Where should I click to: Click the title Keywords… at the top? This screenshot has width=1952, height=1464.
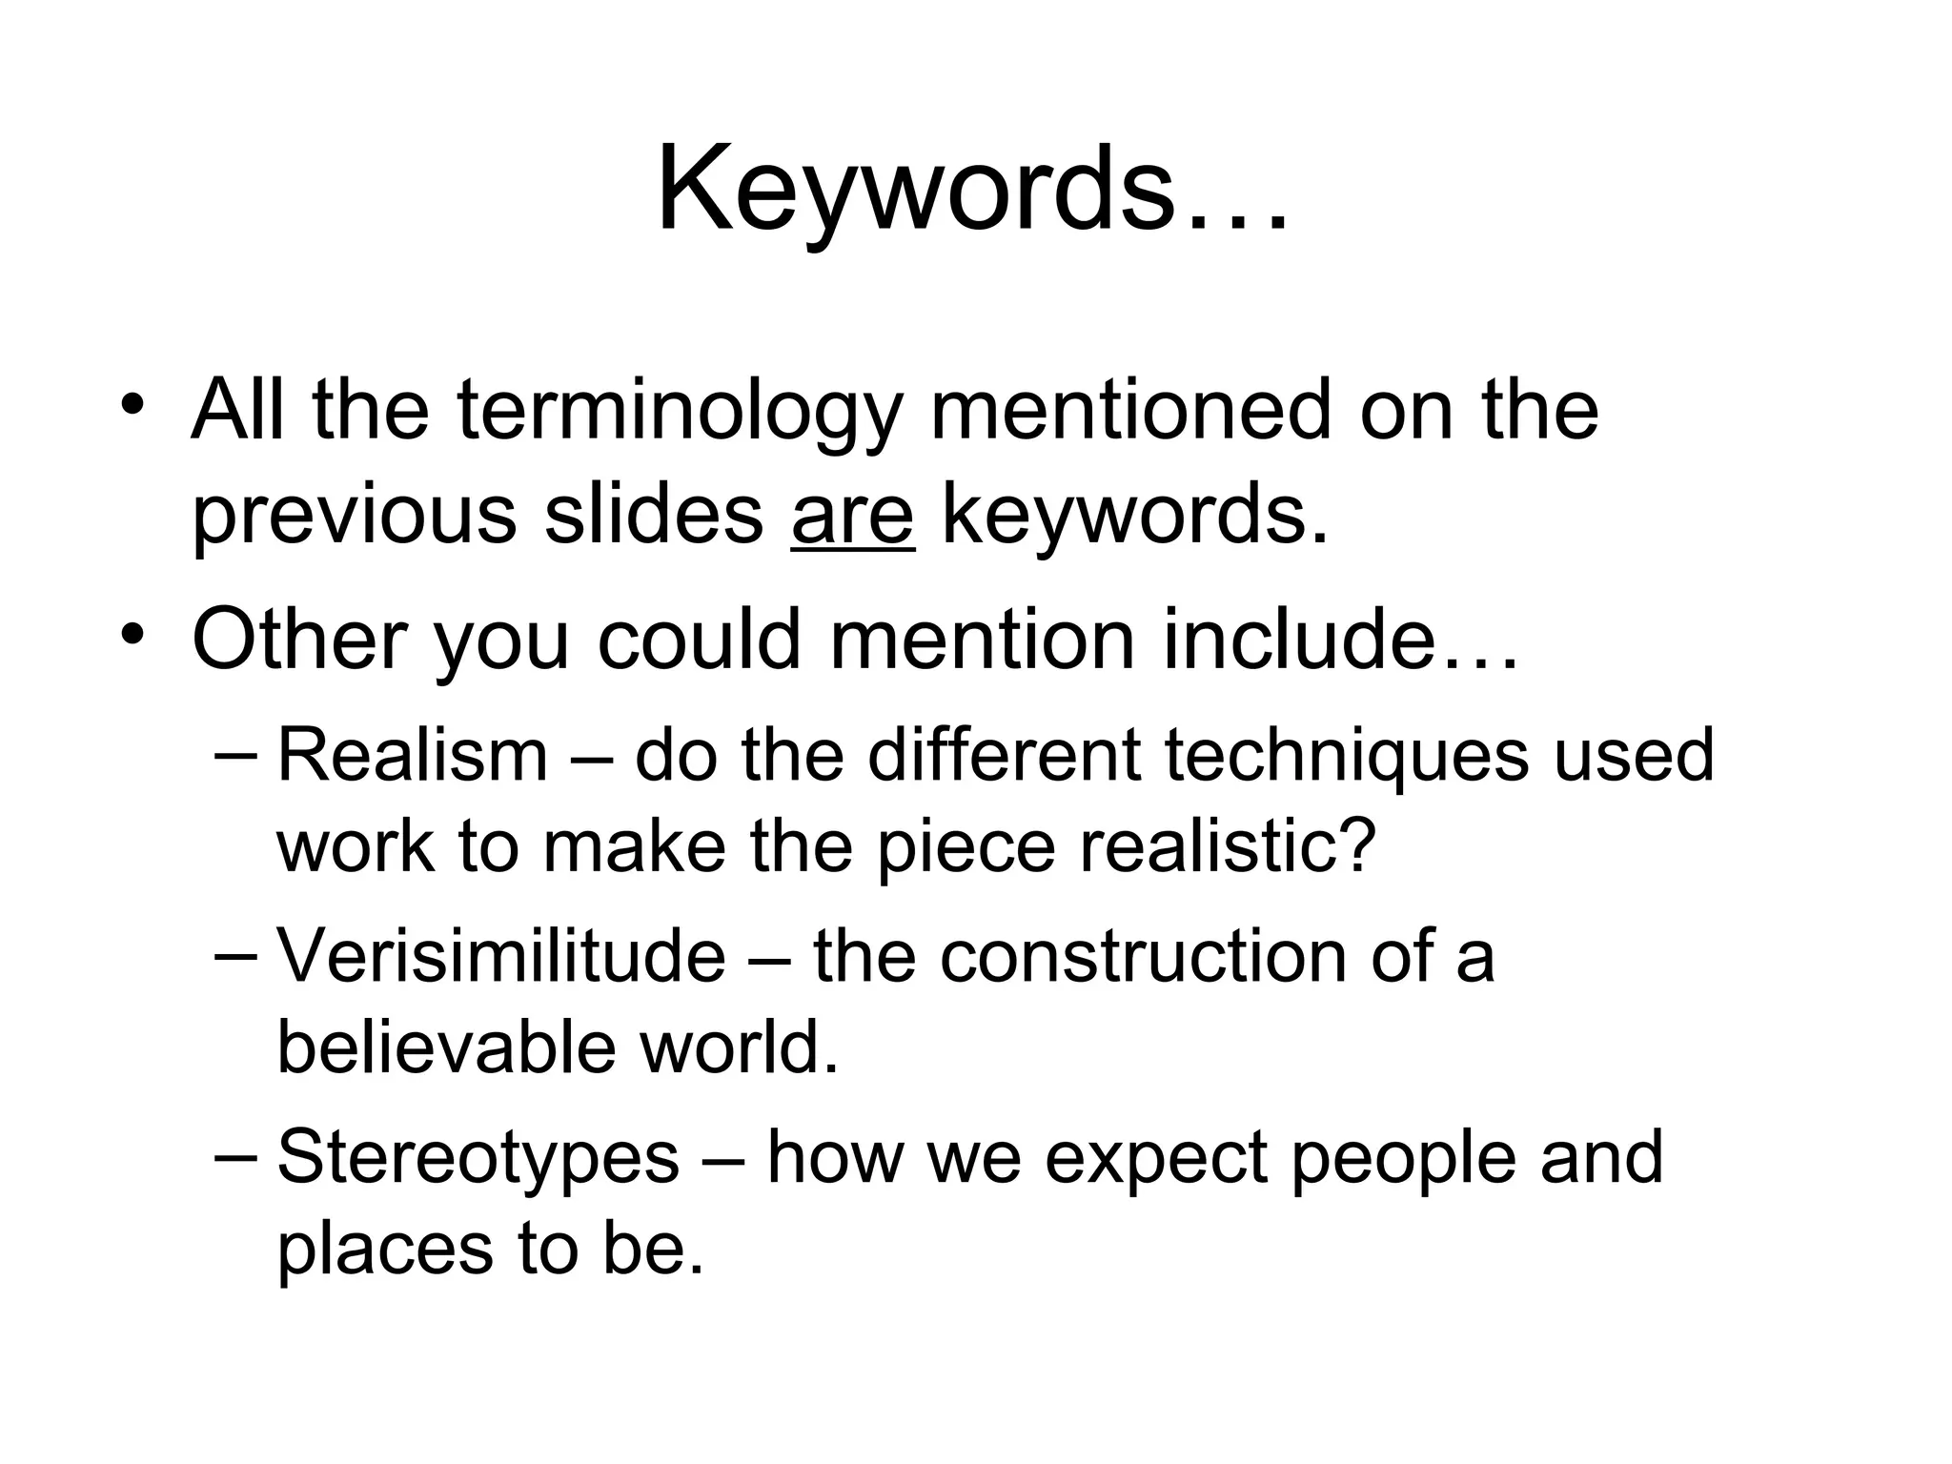point(972,191)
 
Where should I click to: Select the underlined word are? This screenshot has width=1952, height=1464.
point(852,516)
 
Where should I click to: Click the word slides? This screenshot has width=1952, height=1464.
point(654,516)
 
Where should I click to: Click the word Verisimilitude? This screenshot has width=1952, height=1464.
point(501,956)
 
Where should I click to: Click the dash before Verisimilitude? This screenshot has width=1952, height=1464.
point(234,956)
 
